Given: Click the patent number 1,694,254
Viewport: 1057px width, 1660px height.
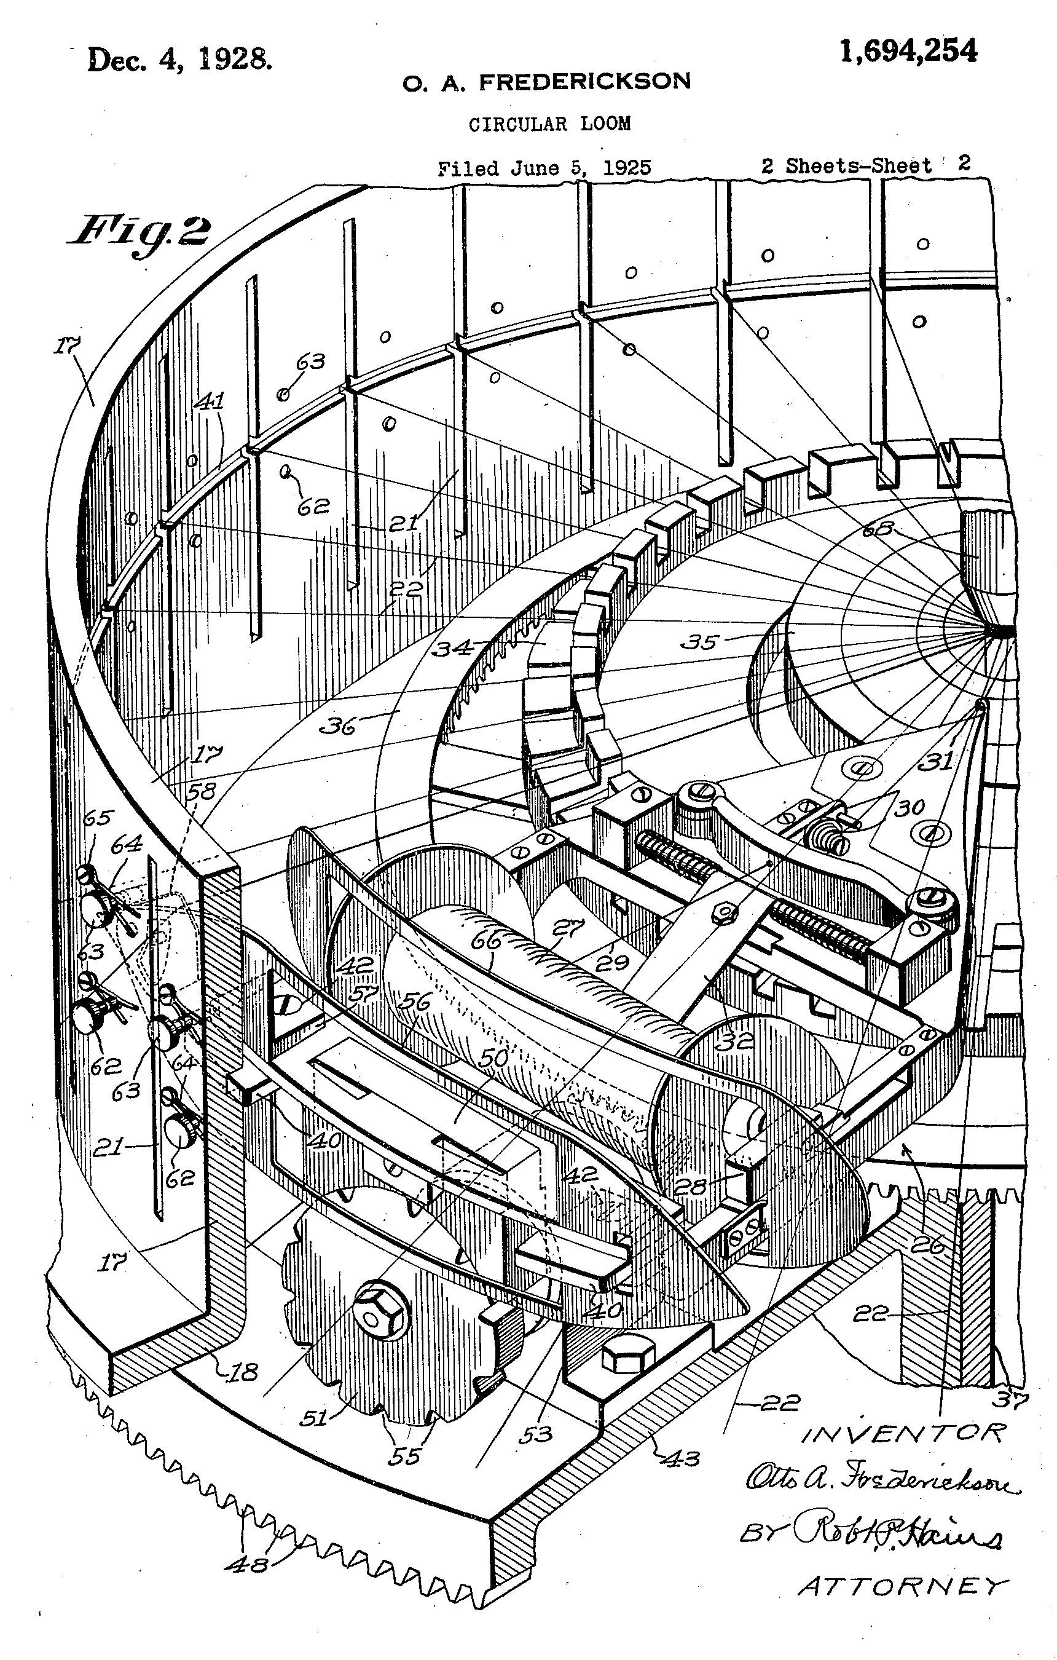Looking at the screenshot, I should coord(908,51).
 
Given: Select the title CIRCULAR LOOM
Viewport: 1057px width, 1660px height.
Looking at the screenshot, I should coord(549,124).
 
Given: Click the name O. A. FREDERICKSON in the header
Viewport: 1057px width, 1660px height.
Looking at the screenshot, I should coord(546,82).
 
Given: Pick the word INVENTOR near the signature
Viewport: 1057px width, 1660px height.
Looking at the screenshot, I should coord(903,1434).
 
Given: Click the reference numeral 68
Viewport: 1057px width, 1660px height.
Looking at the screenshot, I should coord(877,529).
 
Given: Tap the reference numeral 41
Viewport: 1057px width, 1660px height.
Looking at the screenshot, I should coord(210,401).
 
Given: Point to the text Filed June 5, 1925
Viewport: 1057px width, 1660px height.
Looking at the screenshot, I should coord(544,168).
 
